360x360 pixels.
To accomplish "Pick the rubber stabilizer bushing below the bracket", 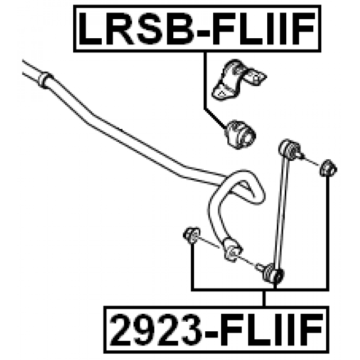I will click(240, 133).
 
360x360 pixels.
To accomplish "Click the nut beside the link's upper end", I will click(328, 167).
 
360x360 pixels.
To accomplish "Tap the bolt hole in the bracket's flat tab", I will click(259, 76).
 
